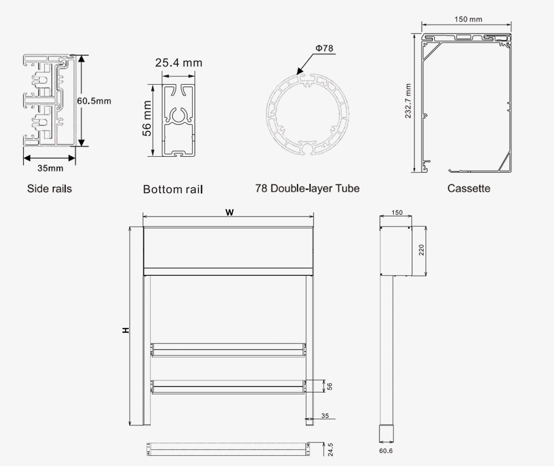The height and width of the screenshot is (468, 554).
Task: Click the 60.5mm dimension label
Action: (x=94, y=101)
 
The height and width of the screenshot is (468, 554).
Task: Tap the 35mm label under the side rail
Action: (x=50, y=168)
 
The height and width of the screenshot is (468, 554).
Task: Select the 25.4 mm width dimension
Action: (x=178, y=63)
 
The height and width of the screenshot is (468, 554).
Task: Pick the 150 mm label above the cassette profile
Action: (x=468, y=19)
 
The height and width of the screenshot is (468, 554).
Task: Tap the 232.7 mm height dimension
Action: (x=408, y=101)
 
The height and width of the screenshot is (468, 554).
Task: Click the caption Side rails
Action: (x=49, y=189)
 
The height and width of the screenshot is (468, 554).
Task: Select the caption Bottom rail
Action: (x=173, y=189)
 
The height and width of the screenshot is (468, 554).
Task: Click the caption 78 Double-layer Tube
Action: (x=307, y=188)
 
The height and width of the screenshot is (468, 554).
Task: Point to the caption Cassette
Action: (x=469, y=188)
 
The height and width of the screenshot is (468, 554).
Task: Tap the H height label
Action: (x=126, y=330)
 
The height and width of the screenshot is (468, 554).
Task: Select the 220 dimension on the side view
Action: (x=421, y=250)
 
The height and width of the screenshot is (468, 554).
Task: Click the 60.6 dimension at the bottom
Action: (x=386, y=451)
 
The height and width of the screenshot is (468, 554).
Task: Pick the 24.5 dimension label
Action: (x=330, y=449)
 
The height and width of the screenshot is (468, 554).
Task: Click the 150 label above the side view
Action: (x=397, y=212)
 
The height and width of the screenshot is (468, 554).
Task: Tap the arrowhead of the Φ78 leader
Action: (x=299, y=73)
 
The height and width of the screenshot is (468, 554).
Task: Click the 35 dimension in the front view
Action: (x=325, y=415)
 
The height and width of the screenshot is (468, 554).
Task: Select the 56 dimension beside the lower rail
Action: (x=329, y=386)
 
